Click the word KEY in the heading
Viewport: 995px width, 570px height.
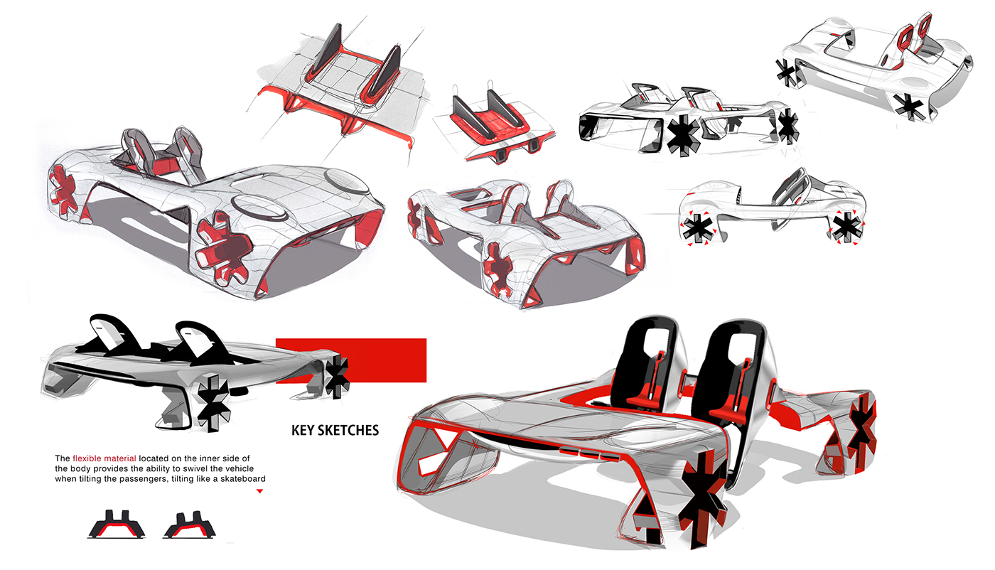tap(304, 430)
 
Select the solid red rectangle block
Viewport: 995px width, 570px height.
tap(351, 360)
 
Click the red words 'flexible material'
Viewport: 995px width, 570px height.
tap(104, 458)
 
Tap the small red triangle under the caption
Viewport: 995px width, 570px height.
tap(259, 490)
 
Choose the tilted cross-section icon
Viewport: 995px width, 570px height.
tap(189, 525)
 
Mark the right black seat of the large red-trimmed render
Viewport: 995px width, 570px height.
tap(735, 370)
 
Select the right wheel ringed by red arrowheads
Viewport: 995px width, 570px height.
tap(846, 227)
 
